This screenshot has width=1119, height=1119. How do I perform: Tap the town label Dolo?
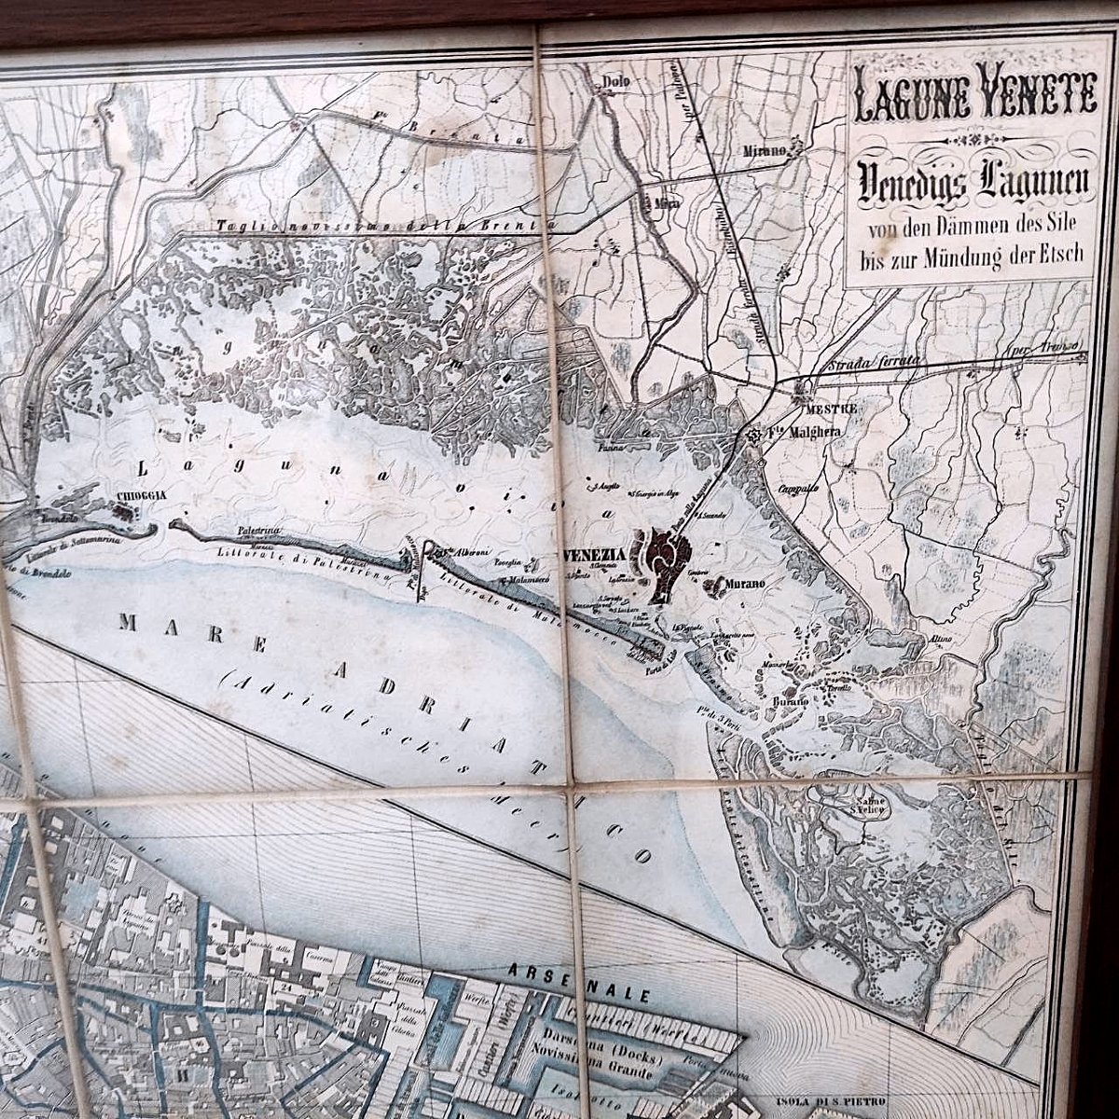click(612, 81)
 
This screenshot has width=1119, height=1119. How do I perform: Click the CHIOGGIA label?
click(142, 495)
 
